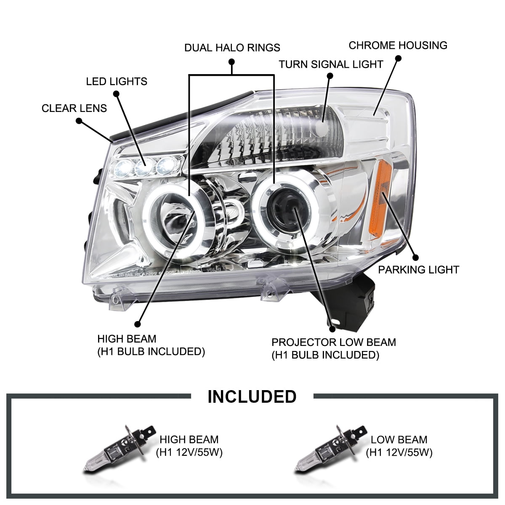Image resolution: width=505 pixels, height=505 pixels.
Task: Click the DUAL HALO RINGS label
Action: pyautogui.click(x=232, y=47)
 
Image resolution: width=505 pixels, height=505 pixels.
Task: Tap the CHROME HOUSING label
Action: pyautogui.click(x=398, y=45)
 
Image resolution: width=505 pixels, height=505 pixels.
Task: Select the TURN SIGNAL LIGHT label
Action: pyautogui.click(x=331, y=64)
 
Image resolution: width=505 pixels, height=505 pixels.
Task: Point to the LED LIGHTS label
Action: pyautogui.click(x=117, y=81)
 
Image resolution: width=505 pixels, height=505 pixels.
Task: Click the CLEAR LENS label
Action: pyautogui.click(x=74, y=108)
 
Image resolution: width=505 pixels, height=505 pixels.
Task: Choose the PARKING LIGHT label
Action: pyautogui.click(x=418, y=270)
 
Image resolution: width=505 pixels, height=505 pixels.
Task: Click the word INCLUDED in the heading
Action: pyautogui.click(x=252, y=397)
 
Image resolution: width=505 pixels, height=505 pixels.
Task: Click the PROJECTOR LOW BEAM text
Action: pyautogui.click(x=333, y=342)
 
